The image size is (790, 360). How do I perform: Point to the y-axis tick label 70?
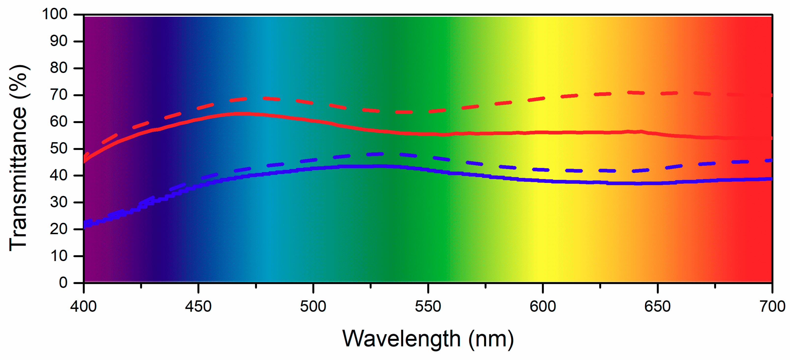click(59, 95)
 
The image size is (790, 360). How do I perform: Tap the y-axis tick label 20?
click(59, 229)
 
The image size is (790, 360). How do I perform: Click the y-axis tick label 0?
click(63, 282)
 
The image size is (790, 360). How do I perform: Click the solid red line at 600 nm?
click(542, 132)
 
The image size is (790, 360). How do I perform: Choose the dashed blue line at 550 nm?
click(428, 157)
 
